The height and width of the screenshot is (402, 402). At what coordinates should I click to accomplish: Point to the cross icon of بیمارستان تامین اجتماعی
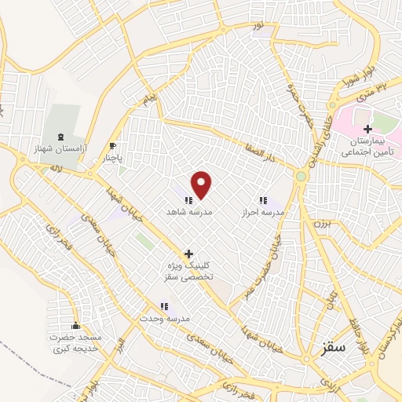(367, 128)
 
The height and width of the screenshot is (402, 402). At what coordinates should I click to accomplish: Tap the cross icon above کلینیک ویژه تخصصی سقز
(188, 254)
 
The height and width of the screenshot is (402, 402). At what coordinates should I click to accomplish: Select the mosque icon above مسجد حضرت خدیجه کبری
(75, 326)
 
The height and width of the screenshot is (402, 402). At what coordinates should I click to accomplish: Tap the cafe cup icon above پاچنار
(114, 145)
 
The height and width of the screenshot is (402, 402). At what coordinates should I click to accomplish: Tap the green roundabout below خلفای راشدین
(301, 176)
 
